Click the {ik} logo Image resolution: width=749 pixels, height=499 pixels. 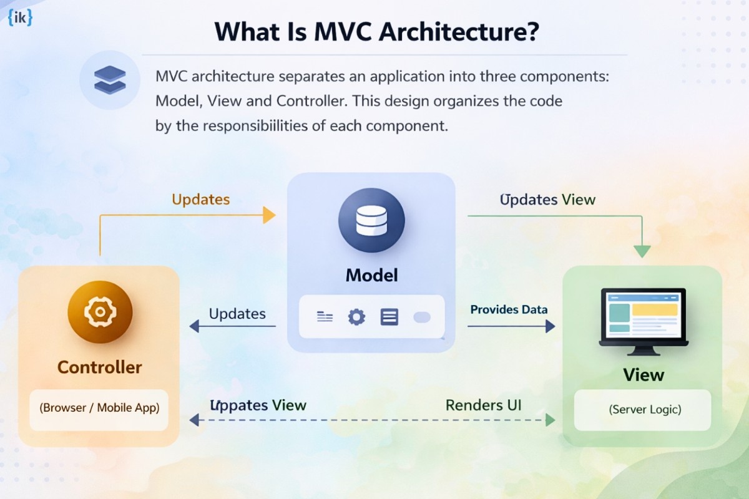click(20, 17)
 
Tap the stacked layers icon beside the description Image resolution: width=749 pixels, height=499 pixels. click(109, 80)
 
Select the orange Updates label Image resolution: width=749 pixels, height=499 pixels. click(200, 200)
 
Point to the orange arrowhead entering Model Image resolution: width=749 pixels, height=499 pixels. click(269, 216)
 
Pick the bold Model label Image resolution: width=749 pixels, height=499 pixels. click(371, 275)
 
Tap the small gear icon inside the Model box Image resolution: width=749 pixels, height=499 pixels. click(356, 317)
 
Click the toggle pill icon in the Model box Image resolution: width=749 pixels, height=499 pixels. click(422, 317)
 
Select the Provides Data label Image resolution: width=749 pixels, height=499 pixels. click(509, 309)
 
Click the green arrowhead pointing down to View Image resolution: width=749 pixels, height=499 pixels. click(642, 251)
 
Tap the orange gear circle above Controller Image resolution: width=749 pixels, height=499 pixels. click(100, 312)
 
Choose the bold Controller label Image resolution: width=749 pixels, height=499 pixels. click(100, 367)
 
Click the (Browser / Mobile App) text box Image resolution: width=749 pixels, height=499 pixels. click(99, 409)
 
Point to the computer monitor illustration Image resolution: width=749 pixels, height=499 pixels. click(643, 318)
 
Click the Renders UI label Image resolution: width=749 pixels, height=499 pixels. click(483, 405)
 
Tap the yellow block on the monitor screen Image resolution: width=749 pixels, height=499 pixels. click(654, 310)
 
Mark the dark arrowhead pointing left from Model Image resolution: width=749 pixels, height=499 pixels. click(195, 326)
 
